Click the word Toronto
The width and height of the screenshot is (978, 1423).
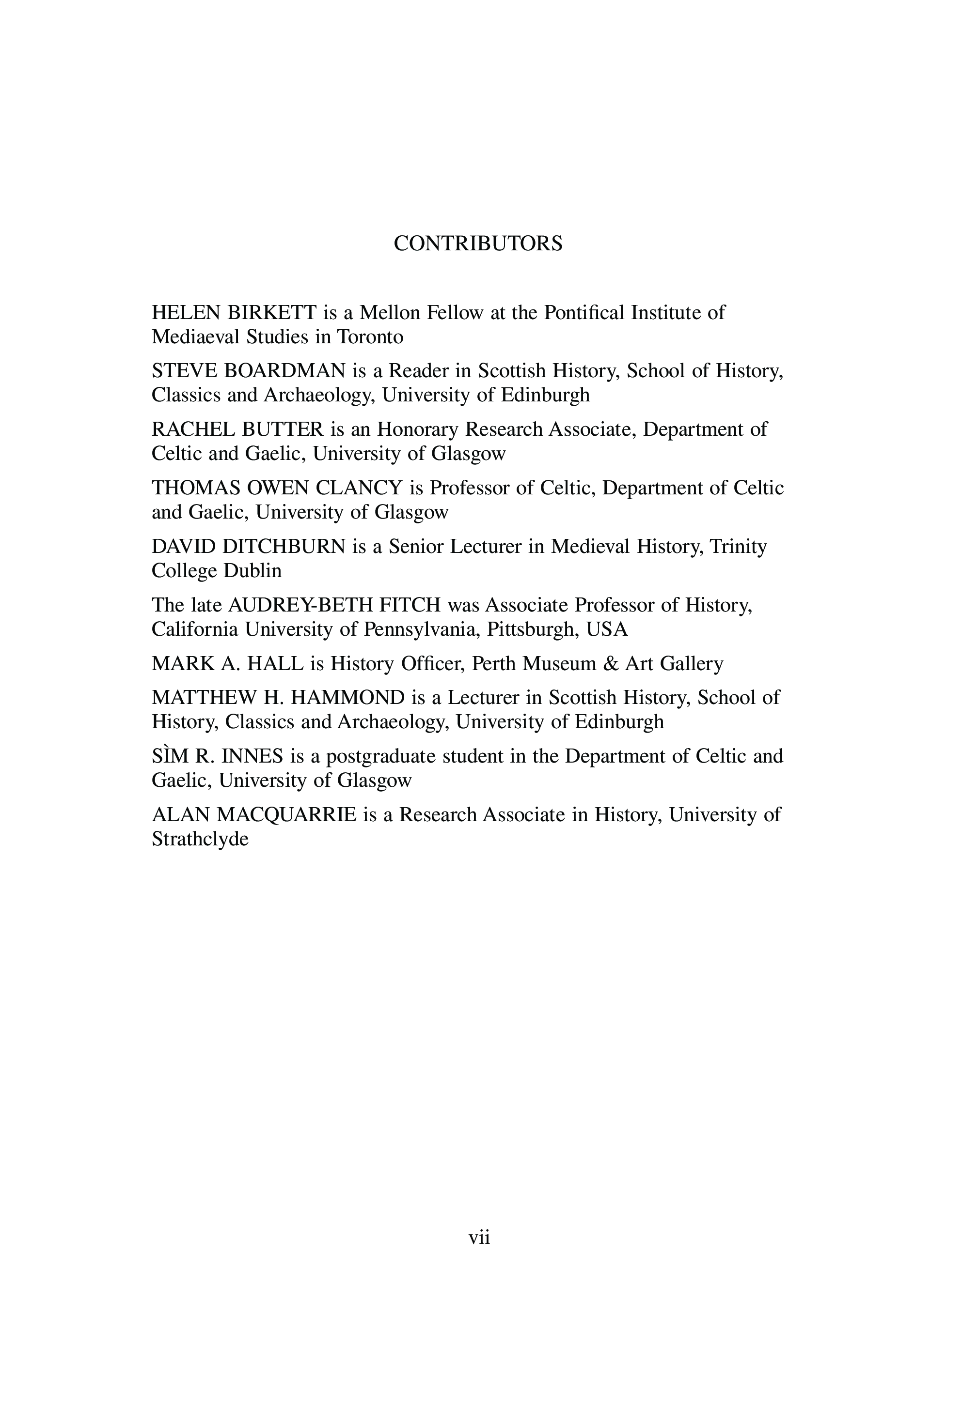coord(370,337)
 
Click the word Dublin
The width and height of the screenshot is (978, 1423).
coord(252,571)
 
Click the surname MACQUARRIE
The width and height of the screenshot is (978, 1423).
coord(287,815)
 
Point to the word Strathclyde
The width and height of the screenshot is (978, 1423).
coord(200,839)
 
